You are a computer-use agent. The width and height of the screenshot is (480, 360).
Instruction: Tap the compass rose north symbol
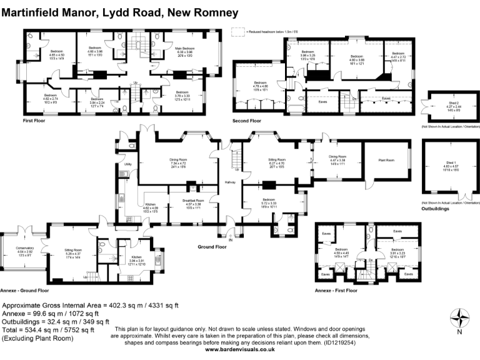point(461,319)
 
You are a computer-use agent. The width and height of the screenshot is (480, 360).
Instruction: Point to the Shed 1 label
point(446,164)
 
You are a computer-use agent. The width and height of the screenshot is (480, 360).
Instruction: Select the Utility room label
point(127,164)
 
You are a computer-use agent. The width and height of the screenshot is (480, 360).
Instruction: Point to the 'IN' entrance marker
point(231,239)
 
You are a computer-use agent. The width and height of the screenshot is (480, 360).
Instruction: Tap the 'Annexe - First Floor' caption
point(337,291)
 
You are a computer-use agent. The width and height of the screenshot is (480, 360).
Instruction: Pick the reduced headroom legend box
point(237,29)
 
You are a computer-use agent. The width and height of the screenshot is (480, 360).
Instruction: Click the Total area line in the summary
point(48,329)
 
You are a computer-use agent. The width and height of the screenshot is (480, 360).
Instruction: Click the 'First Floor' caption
point(36,120)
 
